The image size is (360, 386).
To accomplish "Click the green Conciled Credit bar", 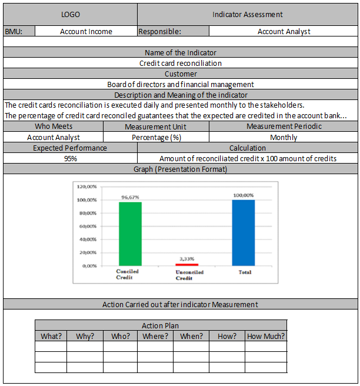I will [x=130, y=234].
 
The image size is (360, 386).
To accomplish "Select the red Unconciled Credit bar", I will [x=186, y=265].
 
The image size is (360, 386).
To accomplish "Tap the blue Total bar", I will [x=244, y=232].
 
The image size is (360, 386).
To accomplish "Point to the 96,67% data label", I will [x=130, y=198].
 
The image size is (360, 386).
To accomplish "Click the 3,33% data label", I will [x=186, y=259].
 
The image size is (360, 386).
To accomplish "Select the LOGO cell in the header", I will [x=71, y=14].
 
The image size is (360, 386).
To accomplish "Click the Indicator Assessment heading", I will [x=248, y=14].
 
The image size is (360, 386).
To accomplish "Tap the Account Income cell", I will [x=86, y=32].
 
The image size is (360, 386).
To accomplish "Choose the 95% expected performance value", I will [x=70, y=159].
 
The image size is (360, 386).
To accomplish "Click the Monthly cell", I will [x=284, y=138].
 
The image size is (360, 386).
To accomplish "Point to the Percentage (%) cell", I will [x=156, y=138].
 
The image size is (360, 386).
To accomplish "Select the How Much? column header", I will [x=266, y=337].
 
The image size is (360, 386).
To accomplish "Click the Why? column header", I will [x=85, y=337].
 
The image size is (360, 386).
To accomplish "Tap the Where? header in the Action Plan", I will [x=155, y=337].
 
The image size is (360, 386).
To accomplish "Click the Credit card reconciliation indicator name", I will [x=181, y=64].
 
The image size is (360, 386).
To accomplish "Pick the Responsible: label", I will [x=160, y=32].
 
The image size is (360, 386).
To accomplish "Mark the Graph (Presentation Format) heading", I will [x=181, y=169].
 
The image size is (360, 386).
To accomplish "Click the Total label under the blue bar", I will [x=245, y=272].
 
